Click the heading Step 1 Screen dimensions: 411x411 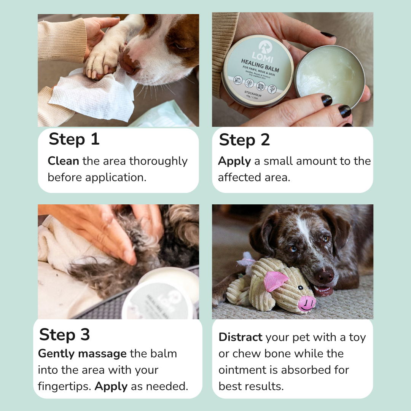[74, 139]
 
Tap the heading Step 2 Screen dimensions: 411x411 [244, 140]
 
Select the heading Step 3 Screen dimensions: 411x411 [64, 335]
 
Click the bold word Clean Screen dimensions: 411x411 [63, 161]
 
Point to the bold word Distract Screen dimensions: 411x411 [241, 337]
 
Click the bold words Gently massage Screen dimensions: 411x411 [82, 354]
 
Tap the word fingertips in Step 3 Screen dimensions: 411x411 [64, 386]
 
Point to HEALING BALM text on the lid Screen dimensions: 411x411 [260, 65]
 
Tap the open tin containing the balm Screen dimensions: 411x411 [330, 72]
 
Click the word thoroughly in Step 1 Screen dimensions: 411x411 [158, 161]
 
